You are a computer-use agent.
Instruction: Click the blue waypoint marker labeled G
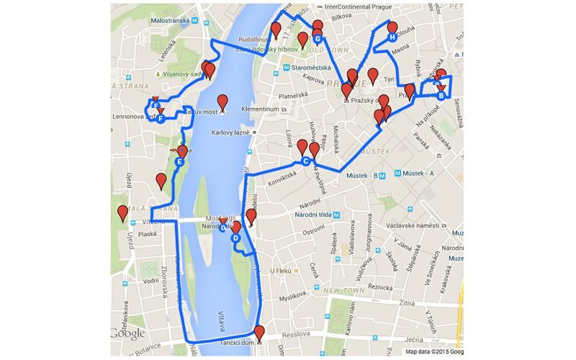pyautogui.click(x=317, y=39)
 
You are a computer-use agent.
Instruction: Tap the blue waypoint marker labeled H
pyautogui.click(x=392, y=37)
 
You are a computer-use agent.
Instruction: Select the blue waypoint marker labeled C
pyautogui.click(x=305, y=161)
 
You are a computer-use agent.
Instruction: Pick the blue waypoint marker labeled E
pyautogui.click(x=179, y=163)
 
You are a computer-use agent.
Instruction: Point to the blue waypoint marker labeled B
pyautogui.click(x=441, y=96)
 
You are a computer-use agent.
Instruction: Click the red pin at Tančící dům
pyautogui.click(x=259, y=333)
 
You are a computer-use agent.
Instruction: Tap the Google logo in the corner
pyautogui.click(x=128, y=333)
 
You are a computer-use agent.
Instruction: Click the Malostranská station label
pyautogui.click(x=174, y=21)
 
